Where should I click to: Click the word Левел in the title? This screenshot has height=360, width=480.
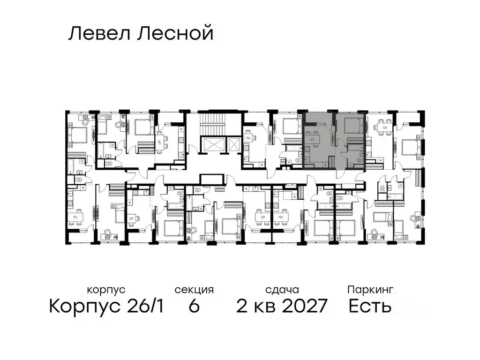(97, 34)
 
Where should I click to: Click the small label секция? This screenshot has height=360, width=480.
(194, 290)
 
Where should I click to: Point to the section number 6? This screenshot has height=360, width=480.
(194, 307)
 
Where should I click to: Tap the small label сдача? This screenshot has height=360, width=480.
(281, 290)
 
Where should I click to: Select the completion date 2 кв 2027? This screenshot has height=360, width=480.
(281, 307)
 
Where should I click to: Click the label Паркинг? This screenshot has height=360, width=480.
(370, 290)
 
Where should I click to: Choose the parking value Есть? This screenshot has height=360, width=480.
(370, 307)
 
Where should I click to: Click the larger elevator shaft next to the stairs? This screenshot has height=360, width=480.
(209, 145)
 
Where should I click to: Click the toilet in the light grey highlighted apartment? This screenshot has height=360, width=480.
(360, 162)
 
